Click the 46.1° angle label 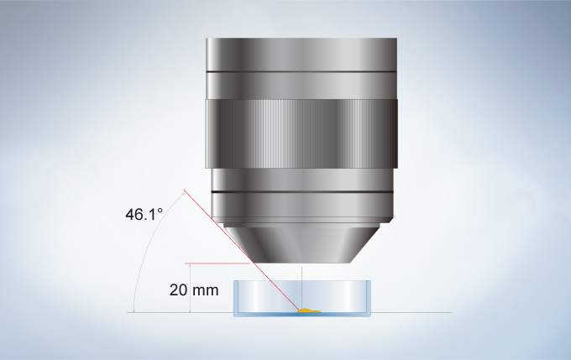[144, 214]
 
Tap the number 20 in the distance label [178, 290]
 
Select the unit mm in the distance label [206, 291]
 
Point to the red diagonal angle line [242, 251]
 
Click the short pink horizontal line [217, 263]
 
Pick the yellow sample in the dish [309, 310]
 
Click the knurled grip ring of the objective [301, 133]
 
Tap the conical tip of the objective [301, 245]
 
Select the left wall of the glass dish [236, 297]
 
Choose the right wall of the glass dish [368, 297]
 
